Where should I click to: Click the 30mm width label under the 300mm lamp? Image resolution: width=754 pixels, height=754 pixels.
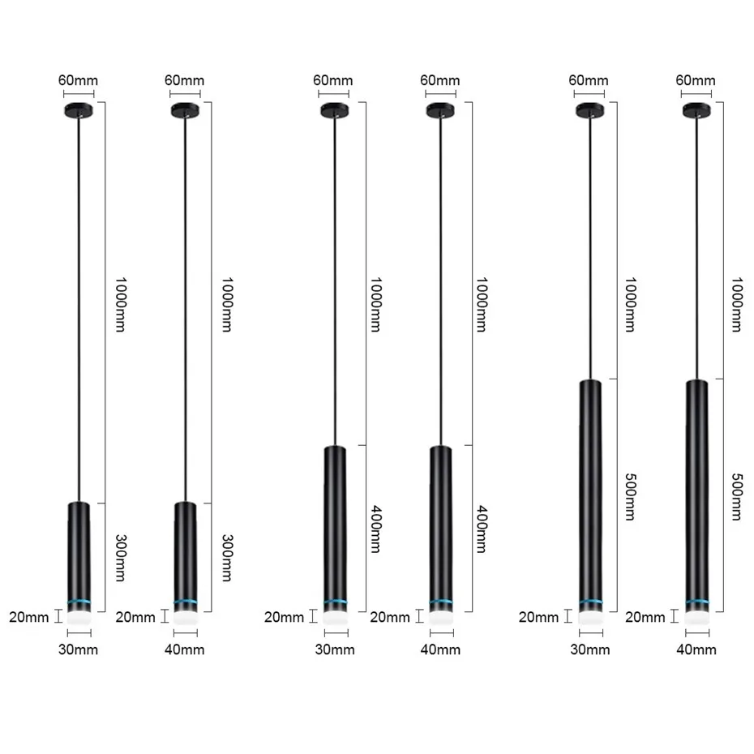click(79, 650)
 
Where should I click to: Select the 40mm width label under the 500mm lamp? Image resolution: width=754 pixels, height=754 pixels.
click(696, 649)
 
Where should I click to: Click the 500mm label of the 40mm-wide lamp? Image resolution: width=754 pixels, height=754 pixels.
click(735, 497)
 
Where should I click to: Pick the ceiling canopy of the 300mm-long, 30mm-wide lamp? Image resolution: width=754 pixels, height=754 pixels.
click(79, 109)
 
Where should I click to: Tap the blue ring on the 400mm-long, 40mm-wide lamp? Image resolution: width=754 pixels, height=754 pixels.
click(440, 603)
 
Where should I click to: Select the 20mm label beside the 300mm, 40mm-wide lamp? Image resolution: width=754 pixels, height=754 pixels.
click(135, 618)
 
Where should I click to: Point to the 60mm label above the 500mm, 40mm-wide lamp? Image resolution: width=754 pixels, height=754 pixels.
click(696, 79)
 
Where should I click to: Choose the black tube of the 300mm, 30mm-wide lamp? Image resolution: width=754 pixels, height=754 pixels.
click(79, 551)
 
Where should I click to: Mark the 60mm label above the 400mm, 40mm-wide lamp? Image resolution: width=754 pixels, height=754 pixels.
click(440, 79)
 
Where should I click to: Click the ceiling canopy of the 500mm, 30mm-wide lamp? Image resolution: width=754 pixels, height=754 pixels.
click(589, 109)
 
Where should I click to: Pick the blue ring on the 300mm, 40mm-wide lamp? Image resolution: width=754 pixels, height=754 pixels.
click(185, 603)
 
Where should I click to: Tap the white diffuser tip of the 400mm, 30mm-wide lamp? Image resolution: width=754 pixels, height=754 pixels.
click(334, 617)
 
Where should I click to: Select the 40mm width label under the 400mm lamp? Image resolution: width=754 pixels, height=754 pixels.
click(440, 649)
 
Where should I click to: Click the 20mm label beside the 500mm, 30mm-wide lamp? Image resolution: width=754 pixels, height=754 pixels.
click(539, 618)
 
